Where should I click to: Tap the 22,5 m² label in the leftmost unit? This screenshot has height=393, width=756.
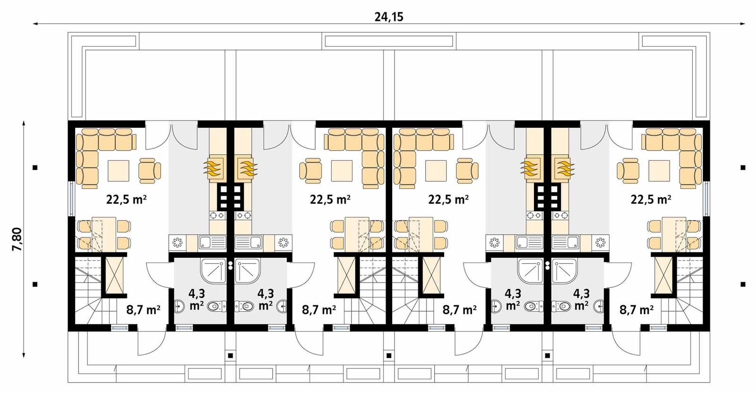(126, 199)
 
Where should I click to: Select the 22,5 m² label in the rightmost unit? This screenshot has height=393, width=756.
(651, 199)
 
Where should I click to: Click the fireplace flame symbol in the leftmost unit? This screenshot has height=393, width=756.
(212, 168)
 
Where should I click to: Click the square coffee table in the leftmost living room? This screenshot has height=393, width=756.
(118, 171)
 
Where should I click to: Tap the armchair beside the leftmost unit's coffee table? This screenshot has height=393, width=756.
(149, 171)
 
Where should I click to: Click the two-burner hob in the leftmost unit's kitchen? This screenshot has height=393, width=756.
(217, 215)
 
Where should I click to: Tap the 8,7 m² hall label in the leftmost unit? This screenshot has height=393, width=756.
(143, 310)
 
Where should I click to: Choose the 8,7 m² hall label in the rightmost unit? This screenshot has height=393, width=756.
(636, 310)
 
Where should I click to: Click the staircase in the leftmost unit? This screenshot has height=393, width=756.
(89, 293)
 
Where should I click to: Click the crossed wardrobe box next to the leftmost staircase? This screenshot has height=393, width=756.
(114, 275)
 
